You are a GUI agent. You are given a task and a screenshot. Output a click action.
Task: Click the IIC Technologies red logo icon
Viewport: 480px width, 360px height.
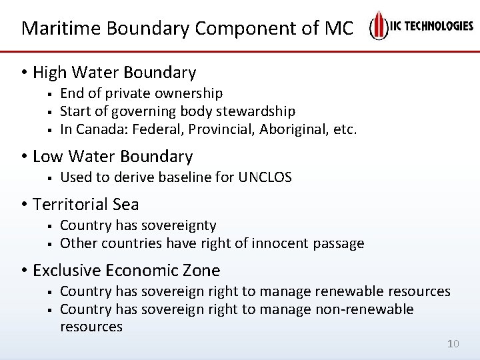point(379,26)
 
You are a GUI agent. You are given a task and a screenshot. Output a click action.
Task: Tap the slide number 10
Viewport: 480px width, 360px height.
point(453,344)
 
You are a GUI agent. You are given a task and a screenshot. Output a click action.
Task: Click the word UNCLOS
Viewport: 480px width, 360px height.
point(265,177)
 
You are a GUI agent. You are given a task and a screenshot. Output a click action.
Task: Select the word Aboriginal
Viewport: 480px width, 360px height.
point(298,129)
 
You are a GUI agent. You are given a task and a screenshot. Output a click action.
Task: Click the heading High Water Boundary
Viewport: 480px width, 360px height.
point(114,72)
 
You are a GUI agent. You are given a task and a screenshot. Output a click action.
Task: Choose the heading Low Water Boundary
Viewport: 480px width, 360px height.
point(112,157)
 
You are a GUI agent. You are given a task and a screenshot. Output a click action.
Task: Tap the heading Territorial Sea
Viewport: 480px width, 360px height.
point(85,204)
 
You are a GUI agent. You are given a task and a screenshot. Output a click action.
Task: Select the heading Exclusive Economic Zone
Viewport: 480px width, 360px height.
point(126,270)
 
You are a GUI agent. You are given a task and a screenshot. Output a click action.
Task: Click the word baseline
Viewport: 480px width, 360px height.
point(177,177)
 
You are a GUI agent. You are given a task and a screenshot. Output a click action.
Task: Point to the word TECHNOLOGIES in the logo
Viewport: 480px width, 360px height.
point(436,26)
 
